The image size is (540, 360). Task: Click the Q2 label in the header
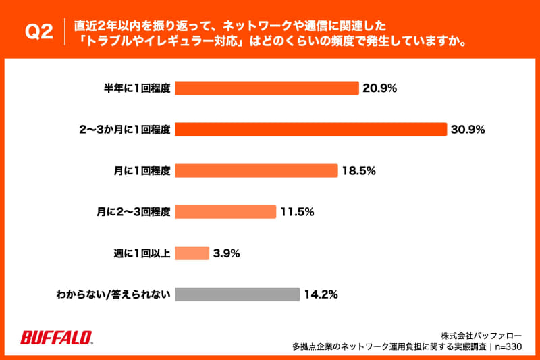pos(38,32)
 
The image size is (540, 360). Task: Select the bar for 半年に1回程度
pos(267,88)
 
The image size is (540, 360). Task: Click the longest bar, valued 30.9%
pos(311,130)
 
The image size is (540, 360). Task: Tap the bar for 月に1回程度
pos(256,171)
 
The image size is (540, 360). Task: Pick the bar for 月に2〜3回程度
pos(225,212)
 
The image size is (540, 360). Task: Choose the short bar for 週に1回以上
pos(192,253)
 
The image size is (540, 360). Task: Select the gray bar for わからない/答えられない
pos(237,294)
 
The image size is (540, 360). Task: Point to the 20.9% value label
pos(380,88)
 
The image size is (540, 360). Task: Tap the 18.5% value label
pos(359,171)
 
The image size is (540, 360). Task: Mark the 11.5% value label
pos(298,212)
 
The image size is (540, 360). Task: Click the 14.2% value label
pos(321,294)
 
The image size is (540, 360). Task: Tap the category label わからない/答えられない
pos(114,294)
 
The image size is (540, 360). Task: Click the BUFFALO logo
pos(57,337)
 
